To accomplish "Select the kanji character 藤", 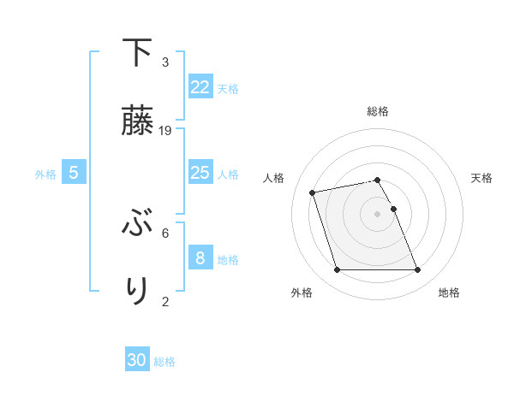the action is (x=137, y=120).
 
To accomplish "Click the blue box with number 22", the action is (x=200, y=87).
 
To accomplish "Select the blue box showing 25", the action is (x=200, y=173).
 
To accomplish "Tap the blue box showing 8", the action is (x=200, y=258).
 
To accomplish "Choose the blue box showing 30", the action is (x=137, y=360).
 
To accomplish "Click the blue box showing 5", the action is (x=74, y=173).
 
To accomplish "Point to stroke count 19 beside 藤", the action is (x=166, y=130).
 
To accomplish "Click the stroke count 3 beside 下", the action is (x=165, y=62).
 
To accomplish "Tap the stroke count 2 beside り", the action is (x=165, y=300).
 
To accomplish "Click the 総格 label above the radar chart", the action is (x=378, y=111).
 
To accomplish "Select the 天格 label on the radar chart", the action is (x=481, y=178).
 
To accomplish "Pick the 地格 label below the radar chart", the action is (x=449, y=293).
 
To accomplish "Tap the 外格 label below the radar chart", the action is (x=302, y=293).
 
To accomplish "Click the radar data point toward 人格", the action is (x=313, y=192).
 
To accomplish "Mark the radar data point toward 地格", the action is (x=417, y=270).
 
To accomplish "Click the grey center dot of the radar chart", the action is (x=378, y=213).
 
